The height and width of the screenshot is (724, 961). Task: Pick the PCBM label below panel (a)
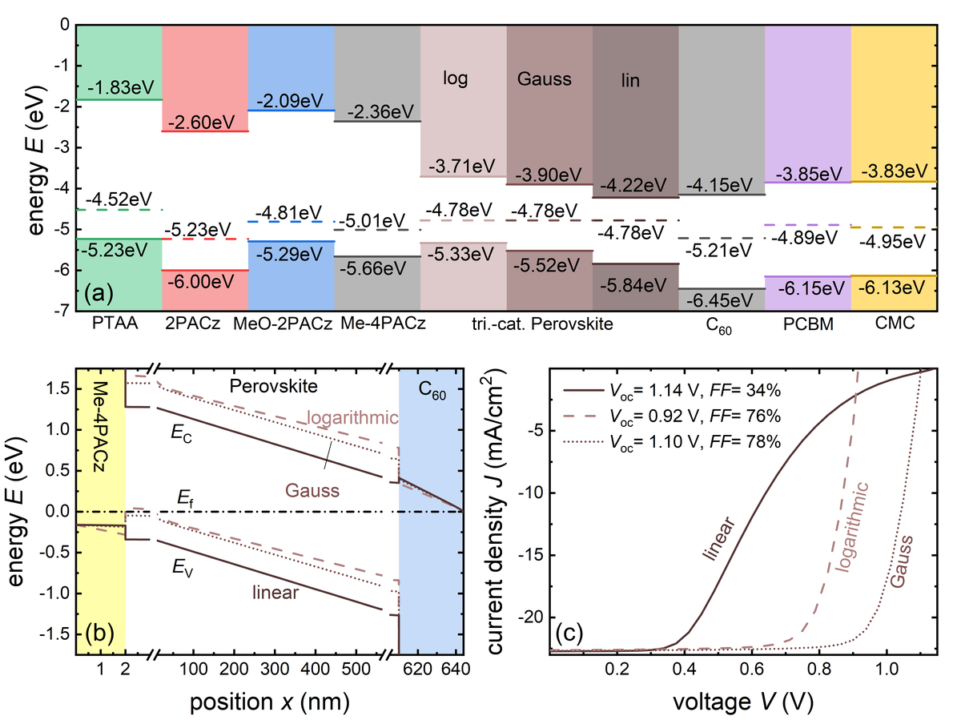pos(807,324)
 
